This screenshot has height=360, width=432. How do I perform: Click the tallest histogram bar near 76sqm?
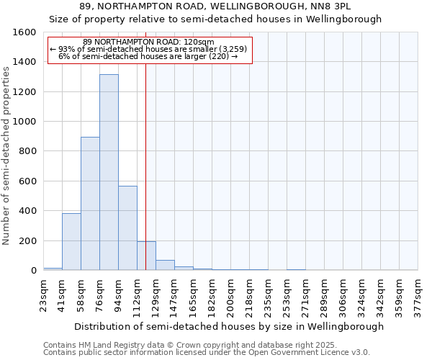109,173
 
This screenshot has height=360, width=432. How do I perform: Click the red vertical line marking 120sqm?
145,166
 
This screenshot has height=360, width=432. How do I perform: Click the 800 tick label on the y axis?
27,151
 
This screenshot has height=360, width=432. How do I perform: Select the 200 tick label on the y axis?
27,240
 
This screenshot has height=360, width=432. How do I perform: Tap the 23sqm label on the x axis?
44,294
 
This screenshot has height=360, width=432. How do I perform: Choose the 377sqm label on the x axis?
418,294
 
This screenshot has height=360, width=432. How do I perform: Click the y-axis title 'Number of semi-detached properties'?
6,152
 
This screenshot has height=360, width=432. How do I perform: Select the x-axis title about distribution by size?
230,326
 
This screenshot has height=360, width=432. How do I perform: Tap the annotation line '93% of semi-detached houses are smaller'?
148,49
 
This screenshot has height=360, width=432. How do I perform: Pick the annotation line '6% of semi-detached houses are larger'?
148,56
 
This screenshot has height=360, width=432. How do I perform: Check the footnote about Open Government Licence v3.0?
207,353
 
